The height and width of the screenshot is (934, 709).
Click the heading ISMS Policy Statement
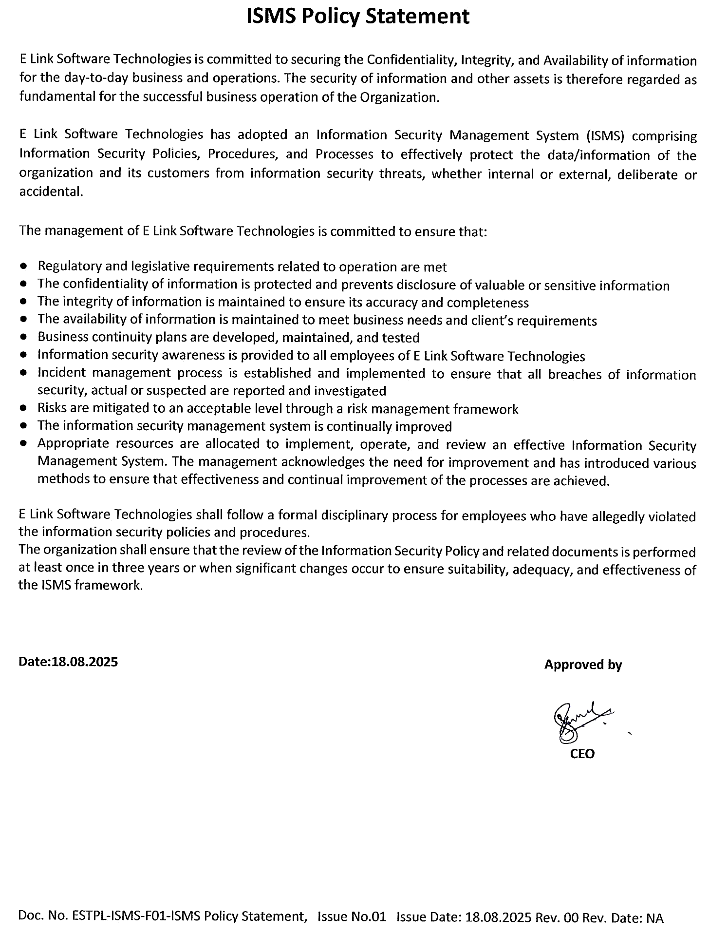tap(358, 17)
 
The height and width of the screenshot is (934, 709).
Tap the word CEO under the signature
tap(582, 754)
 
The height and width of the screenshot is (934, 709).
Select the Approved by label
tap(583, 665)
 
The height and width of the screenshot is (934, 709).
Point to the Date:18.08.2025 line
tap(68, 662)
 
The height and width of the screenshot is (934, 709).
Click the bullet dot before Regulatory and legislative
tap(24, 267)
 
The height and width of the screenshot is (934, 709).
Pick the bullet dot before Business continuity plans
tap(24, 337)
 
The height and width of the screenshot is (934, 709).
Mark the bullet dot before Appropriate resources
tap(24, 444)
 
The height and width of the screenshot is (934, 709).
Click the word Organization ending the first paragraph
tap(400, 97)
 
